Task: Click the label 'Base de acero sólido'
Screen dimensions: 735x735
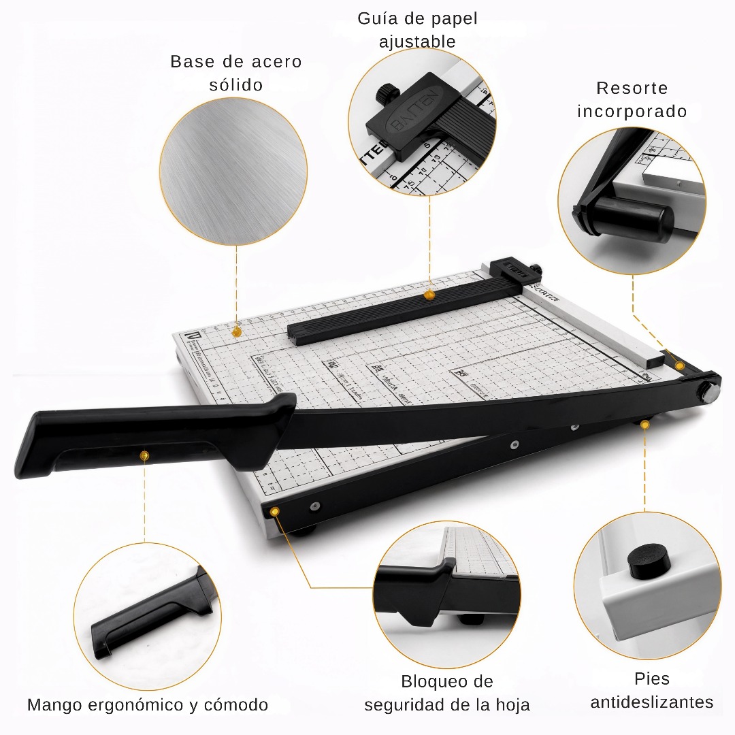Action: [x=235, y=73]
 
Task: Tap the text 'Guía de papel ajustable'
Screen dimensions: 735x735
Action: [x=417, y=30]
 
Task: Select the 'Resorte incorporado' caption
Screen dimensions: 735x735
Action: [x=632, y=99]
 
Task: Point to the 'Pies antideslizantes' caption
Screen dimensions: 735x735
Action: [x=651, y=690]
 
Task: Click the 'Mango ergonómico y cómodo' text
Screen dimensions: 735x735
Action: [x=148, y=704]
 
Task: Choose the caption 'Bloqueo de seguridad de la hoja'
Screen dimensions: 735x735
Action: [x=446, y=693]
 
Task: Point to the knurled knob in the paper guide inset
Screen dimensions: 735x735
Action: [x=387, y=93]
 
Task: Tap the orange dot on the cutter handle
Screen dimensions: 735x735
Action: [x=144, y=455]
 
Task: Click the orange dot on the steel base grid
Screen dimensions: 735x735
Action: [x=236, y=331]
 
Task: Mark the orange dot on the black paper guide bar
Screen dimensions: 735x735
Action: [x=429, y=295]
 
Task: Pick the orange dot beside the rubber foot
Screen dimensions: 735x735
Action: [x=645, y=425]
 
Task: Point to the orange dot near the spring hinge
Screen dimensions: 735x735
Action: [x=679, y=366]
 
